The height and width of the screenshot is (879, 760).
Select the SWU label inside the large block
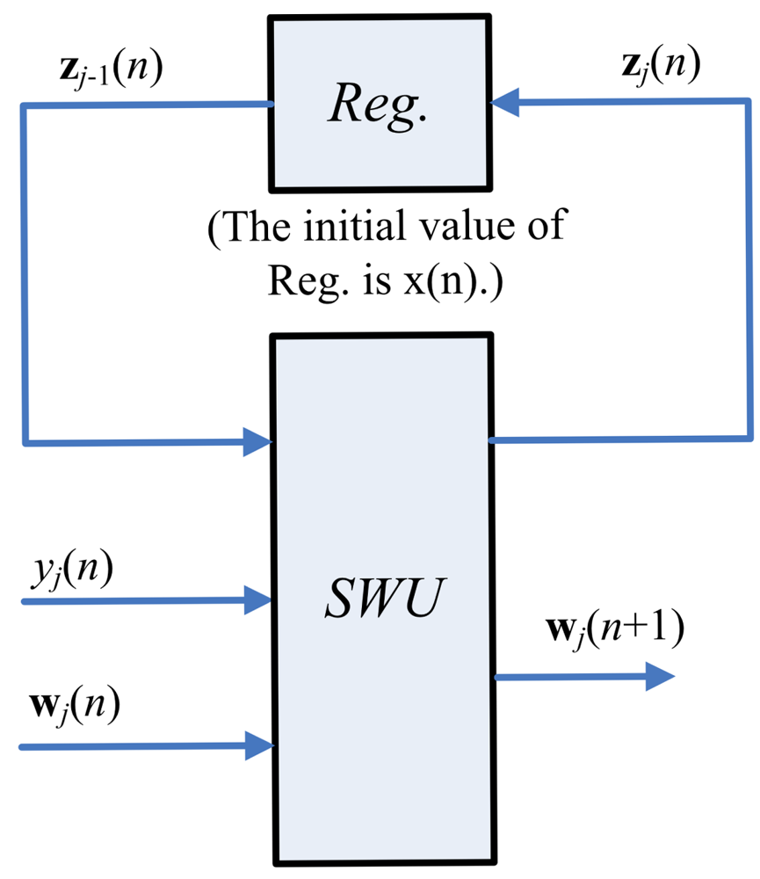[380, 603]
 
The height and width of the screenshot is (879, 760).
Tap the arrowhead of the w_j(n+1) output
[660, 677]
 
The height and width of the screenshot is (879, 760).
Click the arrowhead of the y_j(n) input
[258, 601]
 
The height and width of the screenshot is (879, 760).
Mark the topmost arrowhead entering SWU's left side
[258, 440]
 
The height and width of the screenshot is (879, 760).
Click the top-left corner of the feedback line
[24, 105]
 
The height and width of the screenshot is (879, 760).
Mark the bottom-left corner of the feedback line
[24, 440]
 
